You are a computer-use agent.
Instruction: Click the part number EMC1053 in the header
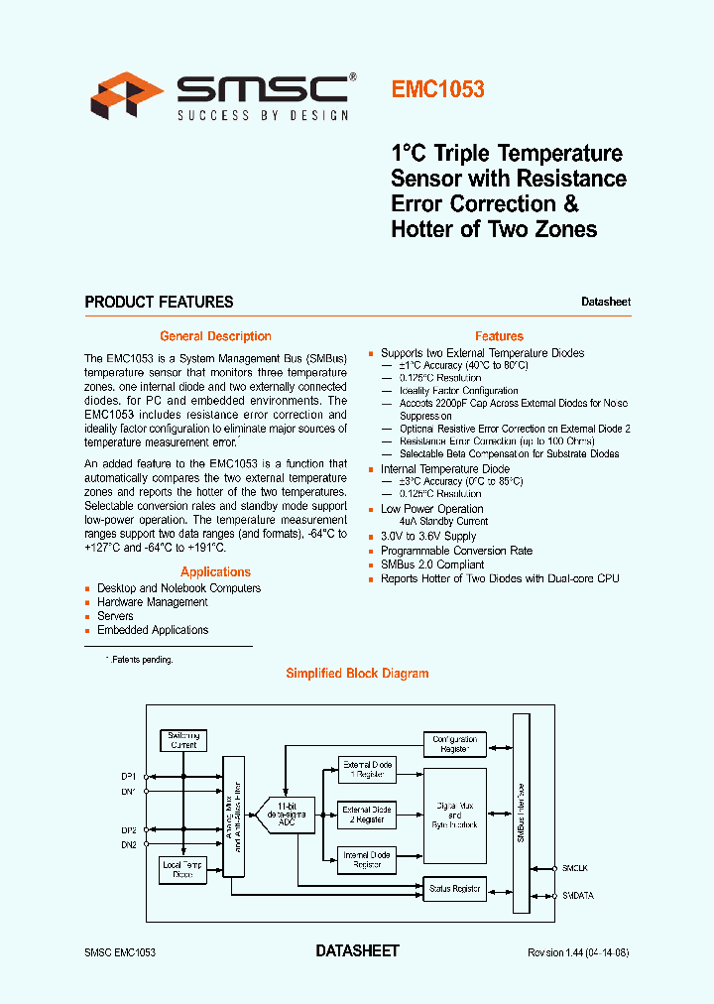[x=437, y=89]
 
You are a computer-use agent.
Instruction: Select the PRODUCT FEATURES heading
[x=159, y=302]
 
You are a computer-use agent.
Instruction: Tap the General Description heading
[x=215, y=336]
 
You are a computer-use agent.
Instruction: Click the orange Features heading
[x=499, y=336]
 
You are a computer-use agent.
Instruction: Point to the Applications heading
[x=215, y=571]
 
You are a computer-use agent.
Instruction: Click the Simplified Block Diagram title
[x=357, y=673]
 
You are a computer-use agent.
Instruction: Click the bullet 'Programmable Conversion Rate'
[x=456, y=551]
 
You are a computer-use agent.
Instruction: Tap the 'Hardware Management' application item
[x=153, y=602]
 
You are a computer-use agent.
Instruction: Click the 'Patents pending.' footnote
[x=142, y=660]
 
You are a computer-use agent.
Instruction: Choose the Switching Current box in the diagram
[x=183, y=740]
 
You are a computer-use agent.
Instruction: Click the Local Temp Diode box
[x=183, y=869]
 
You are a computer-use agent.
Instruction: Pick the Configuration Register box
[x=454, y=744]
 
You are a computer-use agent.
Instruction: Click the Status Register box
[x=454, y=888]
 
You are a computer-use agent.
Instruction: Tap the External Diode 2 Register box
[x=367, y=815]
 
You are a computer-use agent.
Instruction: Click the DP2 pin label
[x=129, y=830]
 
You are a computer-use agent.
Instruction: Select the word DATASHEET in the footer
[x=357, y=950]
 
